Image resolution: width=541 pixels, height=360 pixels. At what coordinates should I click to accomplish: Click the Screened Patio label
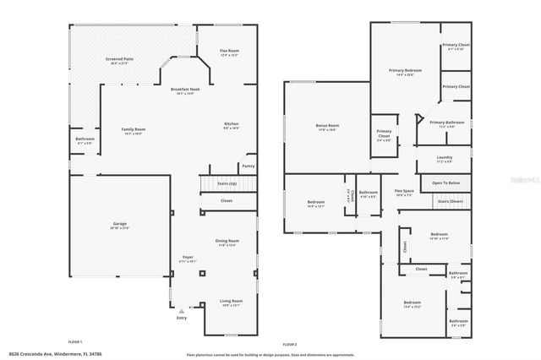pyautogui.click(x=119, y=59)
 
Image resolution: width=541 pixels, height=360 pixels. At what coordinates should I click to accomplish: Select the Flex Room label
pyautogui.click(x=218, y=52)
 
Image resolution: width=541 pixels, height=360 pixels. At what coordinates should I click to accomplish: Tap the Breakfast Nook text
pyautogui.click(x=185, y=89)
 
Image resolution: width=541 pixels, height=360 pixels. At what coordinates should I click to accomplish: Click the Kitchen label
pyautogui.click(x=231, y=123)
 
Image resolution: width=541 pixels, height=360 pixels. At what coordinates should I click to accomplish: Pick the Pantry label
pyautogui.click(x=248, y=166)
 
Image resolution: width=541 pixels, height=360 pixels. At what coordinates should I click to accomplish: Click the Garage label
pyautogui.click(x=120, y=224)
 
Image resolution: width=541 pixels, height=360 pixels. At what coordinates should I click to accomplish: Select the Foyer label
pyautogui.click(x=188, y=257)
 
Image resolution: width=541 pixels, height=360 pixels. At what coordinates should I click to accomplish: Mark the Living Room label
pyautogui.click(x=231, y=300)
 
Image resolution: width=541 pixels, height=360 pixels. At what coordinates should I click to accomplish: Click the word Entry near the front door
pyautogui.click(x=181, y=318)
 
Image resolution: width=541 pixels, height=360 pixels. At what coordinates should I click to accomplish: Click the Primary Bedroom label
pyautogui.click(x=405, y=70)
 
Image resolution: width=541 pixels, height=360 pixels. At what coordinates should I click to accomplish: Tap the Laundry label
pyautogui.click(x=444, y=157)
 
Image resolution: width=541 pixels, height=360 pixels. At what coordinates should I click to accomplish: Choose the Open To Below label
pyautogui.click(x=445, y=183)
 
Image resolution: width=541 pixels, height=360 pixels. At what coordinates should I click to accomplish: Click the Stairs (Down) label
pyautogui.click(x=450, y=201)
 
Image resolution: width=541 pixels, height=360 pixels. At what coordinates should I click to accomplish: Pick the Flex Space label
pyautogui.click(x=404, y=191)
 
